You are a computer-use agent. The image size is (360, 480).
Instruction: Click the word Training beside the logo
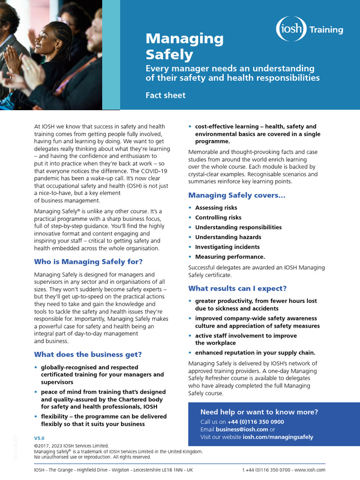(326, 30)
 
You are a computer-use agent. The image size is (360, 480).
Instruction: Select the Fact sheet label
(165, 95)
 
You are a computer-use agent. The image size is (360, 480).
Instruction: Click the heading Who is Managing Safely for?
(88, 262)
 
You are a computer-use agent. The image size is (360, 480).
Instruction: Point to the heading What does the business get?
(88, 354)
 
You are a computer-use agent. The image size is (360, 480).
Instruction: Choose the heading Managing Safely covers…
(237, 195)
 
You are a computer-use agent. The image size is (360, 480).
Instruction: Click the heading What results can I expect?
(237, 288)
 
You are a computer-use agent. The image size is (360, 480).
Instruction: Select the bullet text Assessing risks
(216, 208)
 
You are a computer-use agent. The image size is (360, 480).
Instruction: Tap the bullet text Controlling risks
(218, 217)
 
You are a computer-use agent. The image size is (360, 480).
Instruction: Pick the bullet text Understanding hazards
(222, 237)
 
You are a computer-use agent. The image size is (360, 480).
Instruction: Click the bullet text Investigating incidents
(227, 247)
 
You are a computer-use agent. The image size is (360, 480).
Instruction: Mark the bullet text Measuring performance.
(230, 257)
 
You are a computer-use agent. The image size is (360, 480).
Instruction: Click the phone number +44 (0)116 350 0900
(256, 422)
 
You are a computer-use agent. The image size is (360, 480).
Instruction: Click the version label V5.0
(39, 438)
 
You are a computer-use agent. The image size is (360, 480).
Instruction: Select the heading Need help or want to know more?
(259, 412)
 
